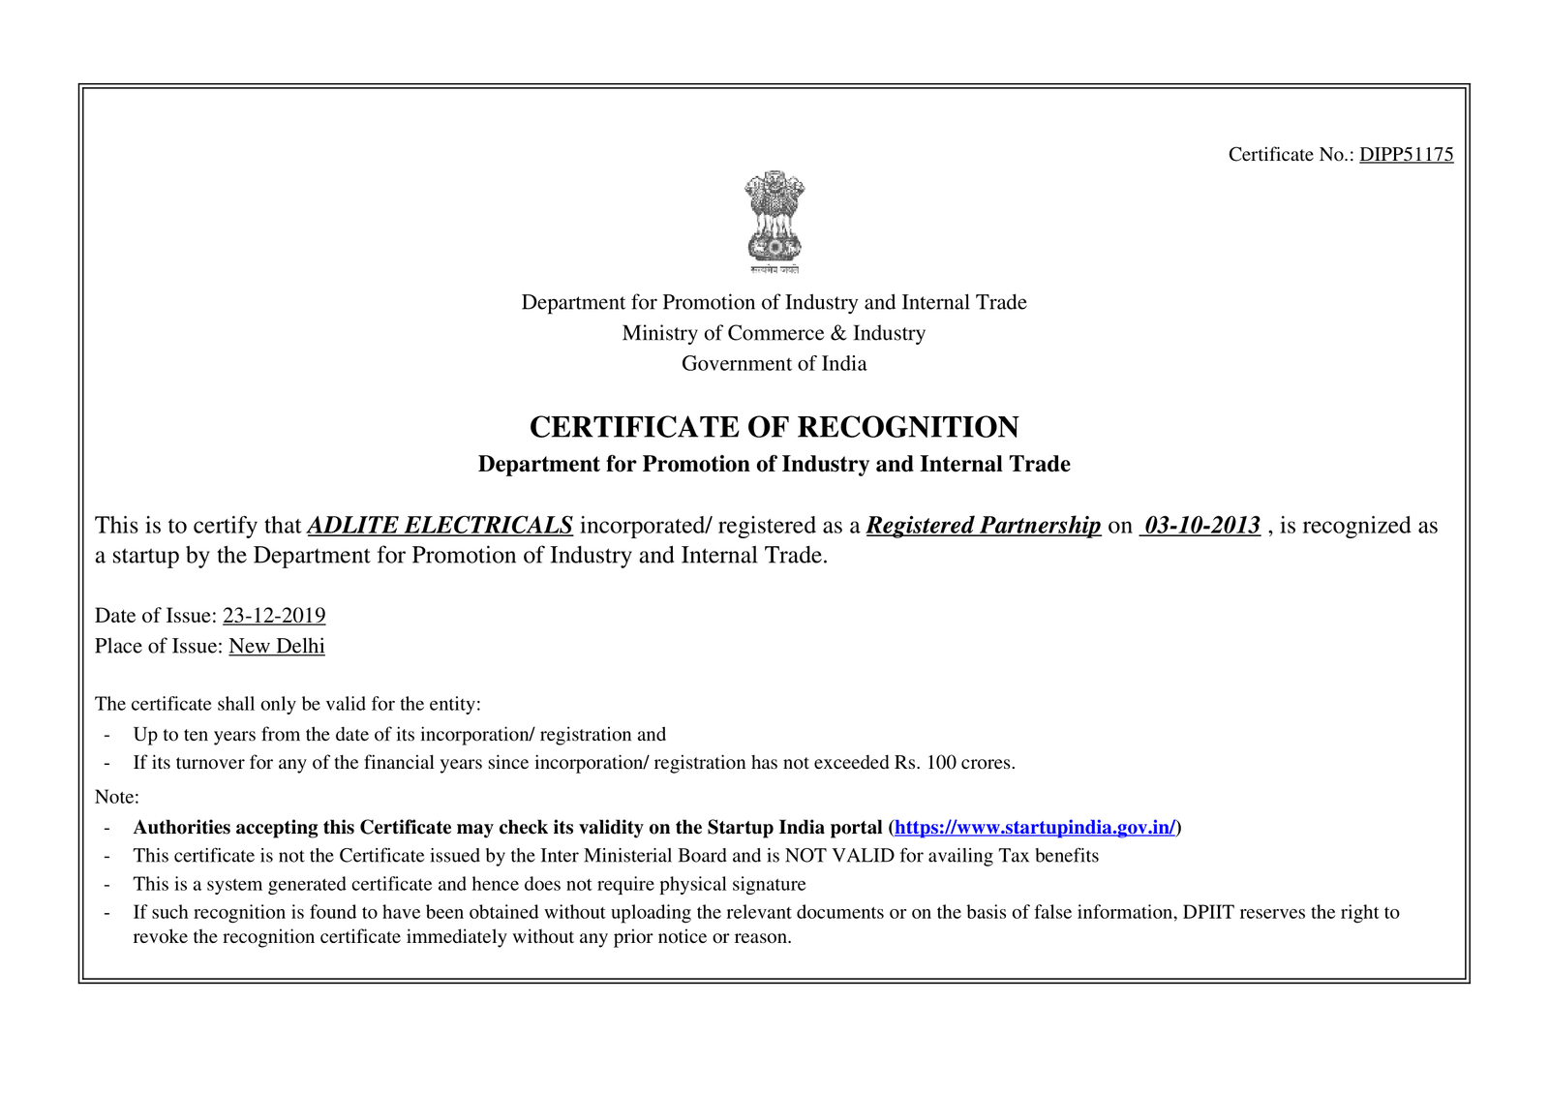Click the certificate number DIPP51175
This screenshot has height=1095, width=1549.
coord(1406,155)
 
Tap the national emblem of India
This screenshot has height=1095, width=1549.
coord(774,221)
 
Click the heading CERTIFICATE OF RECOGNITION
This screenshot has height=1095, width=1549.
coord(774,427)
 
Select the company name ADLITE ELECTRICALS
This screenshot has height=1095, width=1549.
coord(440,526)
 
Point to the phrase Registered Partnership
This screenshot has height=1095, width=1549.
coord(984,526)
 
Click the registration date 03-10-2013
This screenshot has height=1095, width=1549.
coord(1201,526)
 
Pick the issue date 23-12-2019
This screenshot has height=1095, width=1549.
coord(274,616)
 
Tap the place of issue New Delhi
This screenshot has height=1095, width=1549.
coord(277,647)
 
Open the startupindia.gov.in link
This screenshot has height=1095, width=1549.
coord(1034,828)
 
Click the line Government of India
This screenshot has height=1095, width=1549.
coord(774,364)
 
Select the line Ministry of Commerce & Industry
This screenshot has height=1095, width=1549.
coord(774,333)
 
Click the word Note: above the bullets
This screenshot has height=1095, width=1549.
coord(117,798)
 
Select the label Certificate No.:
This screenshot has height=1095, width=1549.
coord(1291,155)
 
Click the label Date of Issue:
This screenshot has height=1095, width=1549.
coord(156,616)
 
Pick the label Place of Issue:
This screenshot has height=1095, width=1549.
coord(159,647)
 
